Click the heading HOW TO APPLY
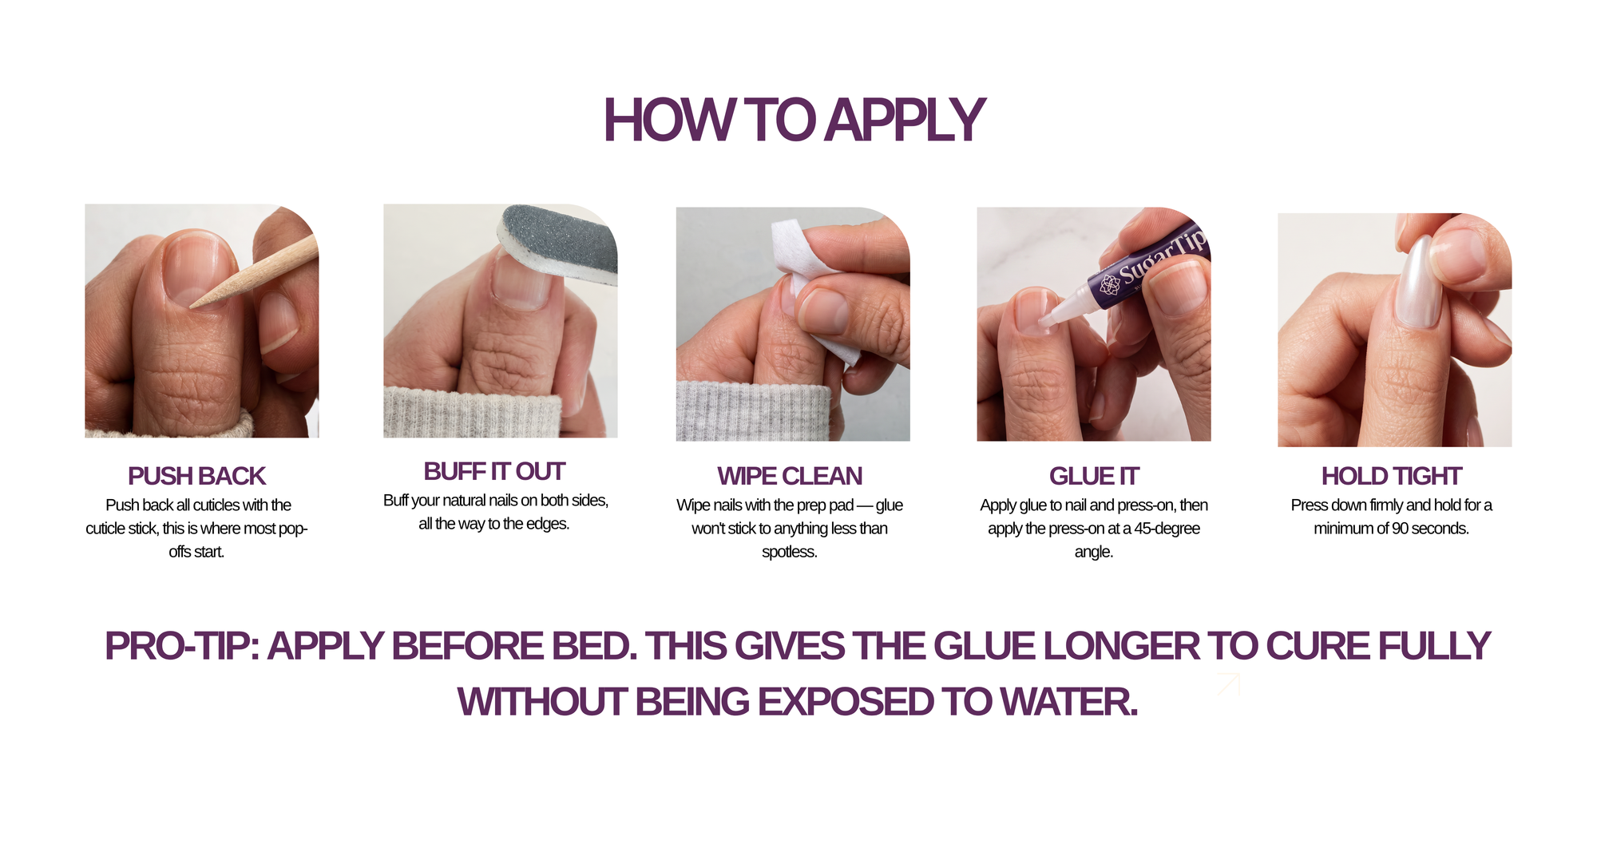(794, 121)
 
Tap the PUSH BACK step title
(196, 476)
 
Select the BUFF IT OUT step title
(494, 471)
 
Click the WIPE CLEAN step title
(790, 476)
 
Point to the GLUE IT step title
(1094, 476)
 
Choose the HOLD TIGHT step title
(1392, 476)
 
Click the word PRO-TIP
(182, 646)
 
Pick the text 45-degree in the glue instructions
(1167, 529)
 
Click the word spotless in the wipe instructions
(789, 552)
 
